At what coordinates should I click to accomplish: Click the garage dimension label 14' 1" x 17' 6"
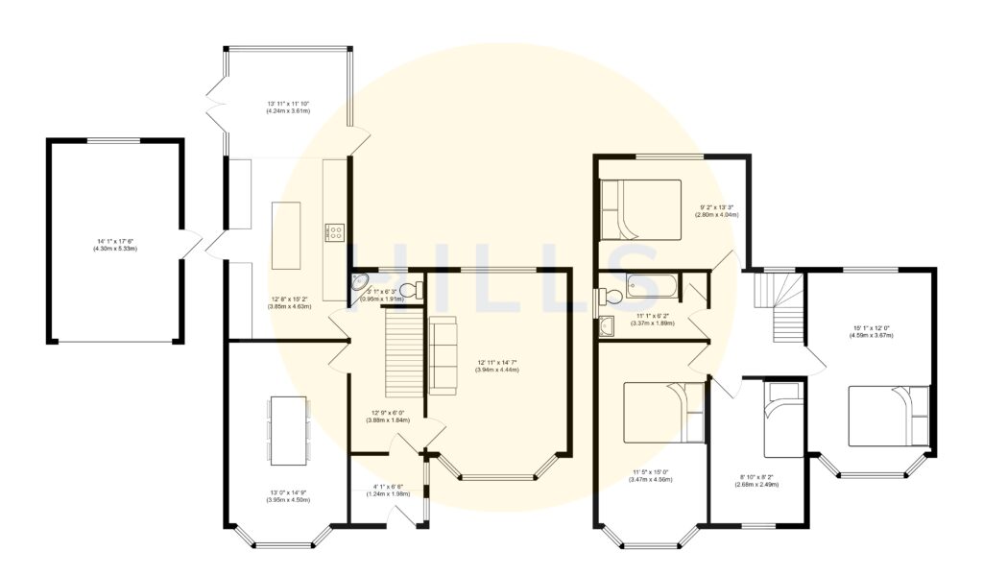pos(114,246)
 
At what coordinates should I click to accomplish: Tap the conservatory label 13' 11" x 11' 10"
pos(289,107)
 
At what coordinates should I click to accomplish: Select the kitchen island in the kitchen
pos(287,235)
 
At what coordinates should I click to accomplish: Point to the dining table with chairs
pos(288,429)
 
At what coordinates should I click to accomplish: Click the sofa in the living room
pos(443,355)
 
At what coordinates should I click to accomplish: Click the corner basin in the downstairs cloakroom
pos(361,283)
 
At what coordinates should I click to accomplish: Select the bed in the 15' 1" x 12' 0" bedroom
pos(889,415)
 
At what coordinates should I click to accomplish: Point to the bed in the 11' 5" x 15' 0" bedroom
pos(665,412)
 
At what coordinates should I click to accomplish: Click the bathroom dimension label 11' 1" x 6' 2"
pos(655,320)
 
